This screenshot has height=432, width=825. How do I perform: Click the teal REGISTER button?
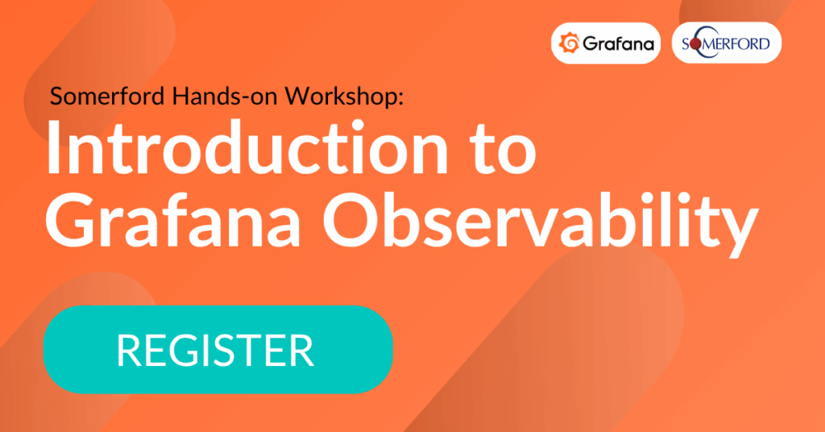pos(218,350)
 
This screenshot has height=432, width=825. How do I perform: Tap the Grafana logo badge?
pos(606,44)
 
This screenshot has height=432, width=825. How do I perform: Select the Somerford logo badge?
pos(727,44)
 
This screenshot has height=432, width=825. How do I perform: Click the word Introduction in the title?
pos(247,147)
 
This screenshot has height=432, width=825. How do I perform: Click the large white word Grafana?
pos(172,221)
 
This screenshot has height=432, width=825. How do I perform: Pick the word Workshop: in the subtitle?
pos(344,96)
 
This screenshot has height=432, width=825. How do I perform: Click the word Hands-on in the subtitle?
pos(226,96)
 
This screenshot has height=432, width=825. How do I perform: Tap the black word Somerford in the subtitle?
pos(109,96)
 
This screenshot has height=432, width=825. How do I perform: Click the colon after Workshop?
pos(401,99)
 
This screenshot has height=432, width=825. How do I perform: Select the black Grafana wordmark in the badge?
pos(618,44)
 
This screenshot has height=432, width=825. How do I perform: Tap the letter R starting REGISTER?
pos(128,350)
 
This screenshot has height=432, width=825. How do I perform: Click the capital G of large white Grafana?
pos(71,221)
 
